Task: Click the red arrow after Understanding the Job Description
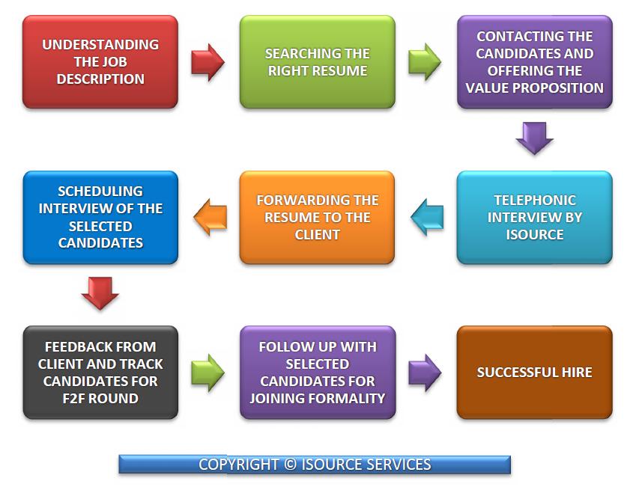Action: click(x=208, y=62)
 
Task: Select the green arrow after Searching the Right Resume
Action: click(x=425, y=62)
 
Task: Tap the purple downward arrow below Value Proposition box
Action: click(x=534, y=138)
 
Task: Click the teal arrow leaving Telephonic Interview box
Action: click(x=427, y=217)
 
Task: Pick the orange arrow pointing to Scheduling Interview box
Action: click(x=210, y=217)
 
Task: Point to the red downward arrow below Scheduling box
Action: click(x=100, y=293)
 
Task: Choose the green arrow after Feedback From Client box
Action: click(x=208, y=373)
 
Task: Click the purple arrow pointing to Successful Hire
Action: click(x=425, y=373)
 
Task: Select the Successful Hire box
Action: click(x=534, y=373)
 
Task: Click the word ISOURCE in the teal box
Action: click(x=535, y=235)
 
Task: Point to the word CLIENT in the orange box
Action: click(x=318, y=235)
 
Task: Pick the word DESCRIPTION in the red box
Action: click(x=100, y=79)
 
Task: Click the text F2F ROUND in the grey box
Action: click(x=100, y=399)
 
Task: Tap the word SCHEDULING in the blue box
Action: click(x=100, y=192)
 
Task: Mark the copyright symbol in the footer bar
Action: click(x=290, y=465)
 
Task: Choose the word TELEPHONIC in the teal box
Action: click(x=535, y=200)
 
